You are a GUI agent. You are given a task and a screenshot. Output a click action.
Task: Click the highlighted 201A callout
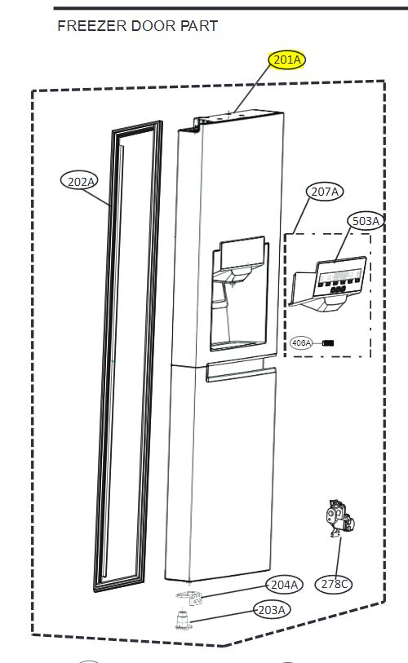click(x=287, y=60)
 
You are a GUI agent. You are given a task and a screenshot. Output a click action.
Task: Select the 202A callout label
click(x=80, y=181)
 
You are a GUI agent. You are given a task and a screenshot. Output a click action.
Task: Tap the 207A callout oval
click(x=325, y=192)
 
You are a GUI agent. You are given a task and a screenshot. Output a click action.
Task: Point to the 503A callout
click(x=366, y=221)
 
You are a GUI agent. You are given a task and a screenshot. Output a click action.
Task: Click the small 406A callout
click(x=301, y=343)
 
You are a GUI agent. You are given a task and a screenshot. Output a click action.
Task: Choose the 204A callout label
click(x=284, y=585)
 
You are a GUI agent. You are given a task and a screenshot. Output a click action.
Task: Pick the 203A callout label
click(x=272, y=610)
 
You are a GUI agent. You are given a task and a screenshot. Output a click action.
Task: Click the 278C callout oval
click(x=334, y=584)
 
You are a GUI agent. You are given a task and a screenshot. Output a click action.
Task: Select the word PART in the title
click(x=199, y=26)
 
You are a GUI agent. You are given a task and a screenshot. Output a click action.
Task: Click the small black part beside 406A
click(x=328, y=343)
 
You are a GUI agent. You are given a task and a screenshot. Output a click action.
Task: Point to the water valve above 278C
click(x=339, y=518)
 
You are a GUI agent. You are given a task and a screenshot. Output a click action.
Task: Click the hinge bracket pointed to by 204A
click(x=188, y=598)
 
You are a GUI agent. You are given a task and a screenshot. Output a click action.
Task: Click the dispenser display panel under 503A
click(x=339, y=276)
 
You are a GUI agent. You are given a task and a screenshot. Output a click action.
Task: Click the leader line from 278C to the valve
click(x=338, y=555)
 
